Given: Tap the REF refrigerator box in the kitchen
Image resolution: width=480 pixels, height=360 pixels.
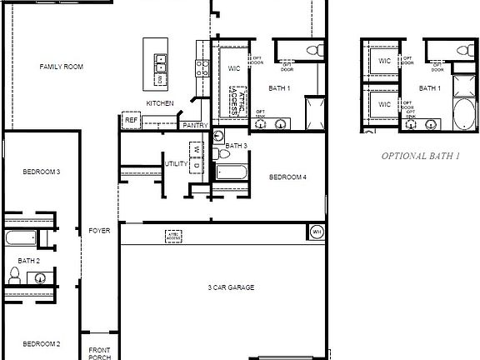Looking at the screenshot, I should click(x=131, y=120).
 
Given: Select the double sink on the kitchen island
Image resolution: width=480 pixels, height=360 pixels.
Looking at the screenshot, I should click(x=162, y=62).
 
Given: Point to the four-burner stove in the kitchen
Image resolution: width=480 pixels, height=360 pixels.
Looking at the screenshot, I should click(x=200, y=63).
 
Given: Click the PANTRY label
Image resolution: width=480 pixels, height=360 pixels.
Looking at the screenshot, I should click(x=195, y=125).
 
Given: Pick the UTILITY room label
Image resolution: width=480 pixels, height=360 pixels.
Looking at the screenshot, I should click(x=176, y=163).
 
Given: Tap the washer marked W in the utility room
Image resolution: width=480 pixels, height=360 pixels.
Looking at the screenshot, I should click(x=197, y=150).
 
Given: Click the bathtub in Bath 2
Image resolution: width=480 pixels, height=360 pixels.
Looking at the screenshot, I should click(x=18, y=239).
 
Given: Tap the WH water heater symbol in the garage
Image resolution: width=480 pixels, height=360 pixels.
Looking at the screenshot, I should click(x=317, y=231).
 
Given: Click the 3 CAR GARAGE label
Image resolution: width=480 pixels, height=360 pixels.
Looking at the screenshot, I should click(x=231, y=287).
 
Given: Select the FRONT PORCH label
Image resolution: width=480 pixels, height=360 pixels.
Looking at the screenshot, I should click(x=100, y=352).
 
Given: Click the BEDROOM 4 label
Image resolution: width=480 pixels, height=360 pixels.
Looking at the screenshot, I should click(x=288, y=177).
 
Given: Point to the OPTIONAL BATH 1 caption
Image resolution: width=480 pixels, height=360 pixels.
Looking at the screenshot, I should click(x=421, y=156).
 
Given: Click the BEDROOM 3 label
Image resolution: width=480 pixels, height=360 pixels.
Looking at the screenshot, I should click(x=41, y=171).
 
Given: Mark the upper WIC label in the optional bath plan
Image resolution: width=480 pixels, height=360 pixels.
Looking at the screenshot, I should click(x=384, y=61).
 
